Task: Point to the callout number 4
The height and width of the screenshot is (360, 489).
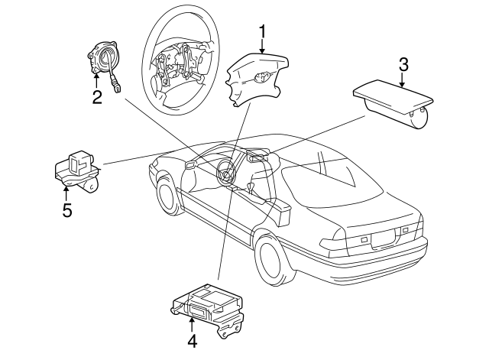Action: pos(192,342)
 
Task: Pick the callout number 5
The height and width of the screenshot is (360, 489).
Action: pos(67,209)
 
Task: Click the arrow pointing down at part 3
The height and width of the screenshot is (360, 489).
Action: pos(403,81)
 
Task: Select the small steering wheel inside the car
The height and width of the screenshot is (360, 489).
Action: pos(227,172)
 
